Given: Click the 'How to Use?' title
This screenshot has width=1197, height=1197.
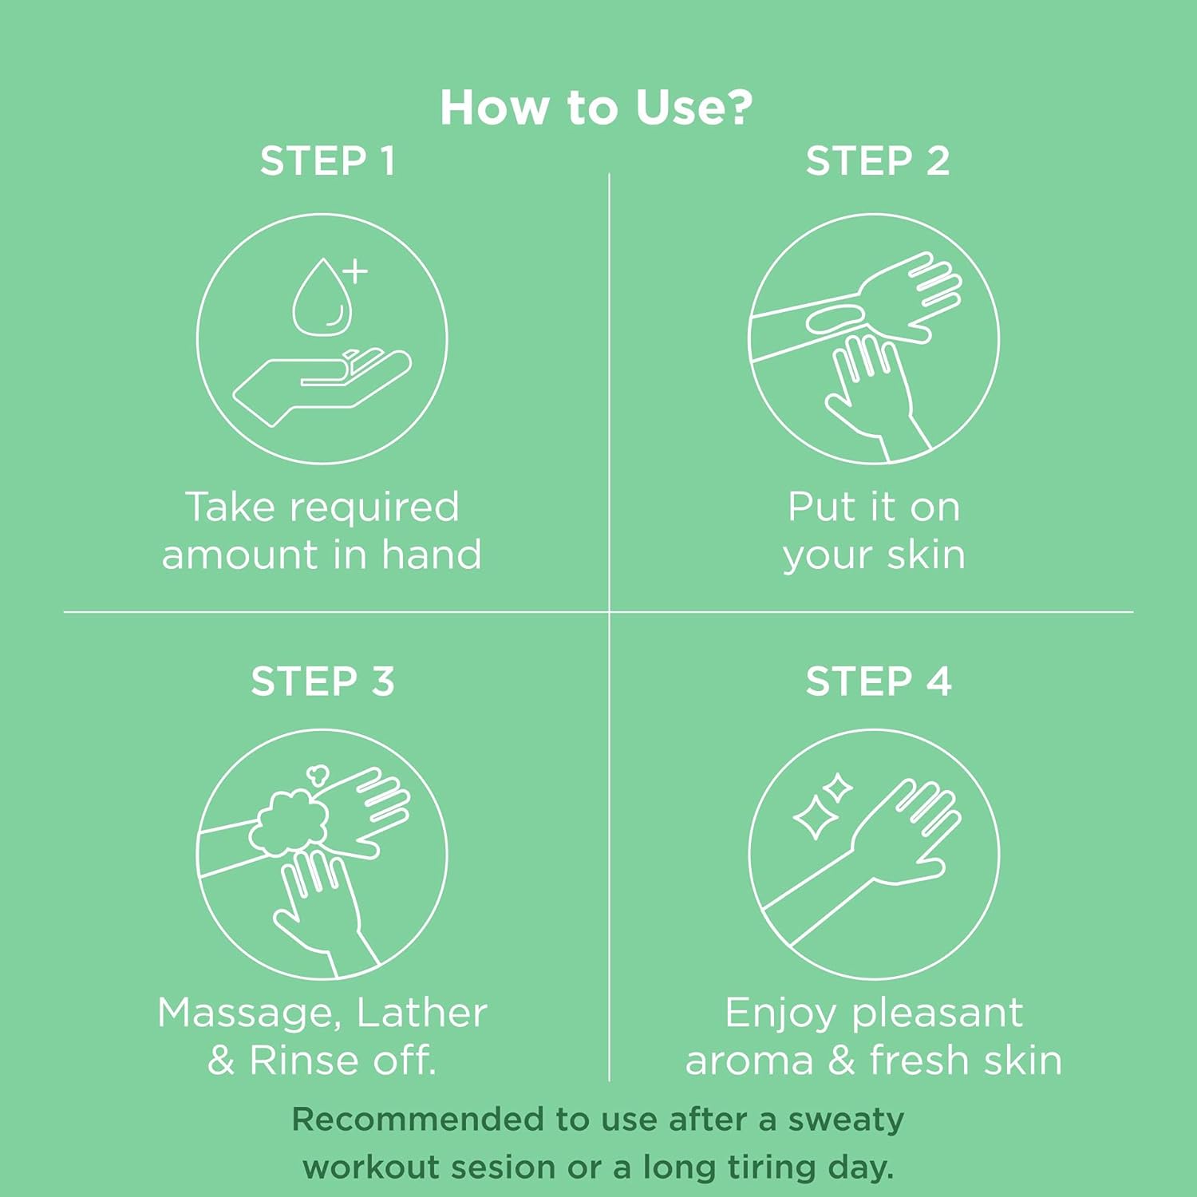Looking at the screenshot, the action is (x=596, y=107).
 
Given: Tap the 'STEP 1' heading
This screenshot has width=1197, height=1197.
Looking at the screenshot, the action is (x=327, y=161).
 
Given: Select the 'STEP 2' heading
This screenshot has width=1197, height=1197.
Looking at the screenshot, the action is (x=877, y=161).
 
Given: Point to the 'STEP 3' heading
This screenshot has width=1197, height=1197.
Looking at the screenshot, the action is (x=322, y=681).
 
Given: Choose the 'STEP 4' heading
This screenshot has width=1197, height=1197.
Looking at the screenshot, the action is (x=878, y=681).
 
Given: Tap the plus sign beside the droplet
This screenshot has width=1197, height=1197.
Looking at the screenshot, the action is (x=355, y=271).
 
